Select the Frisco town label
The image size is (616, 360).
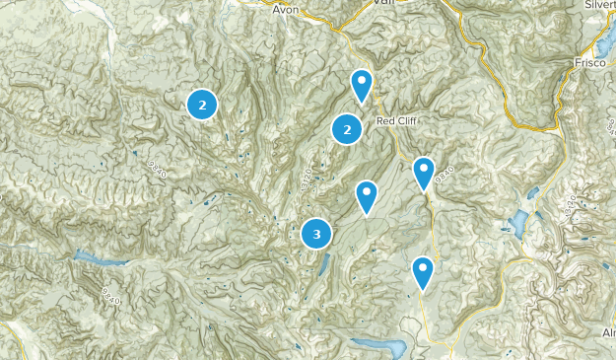pos(589,61)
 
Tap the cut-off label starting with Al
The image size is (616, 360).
pos(608,334)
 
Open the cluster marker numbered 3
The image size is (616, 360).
pos(316,235)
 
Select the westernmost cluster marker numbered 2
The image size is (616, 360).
pos(202,104)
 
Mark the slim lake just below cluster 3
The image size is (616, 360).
pos(324,263)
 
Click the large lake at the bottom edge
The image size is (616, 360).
pos(379,347)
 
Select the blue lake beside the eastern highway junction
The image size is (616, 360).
pos(520,223)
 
